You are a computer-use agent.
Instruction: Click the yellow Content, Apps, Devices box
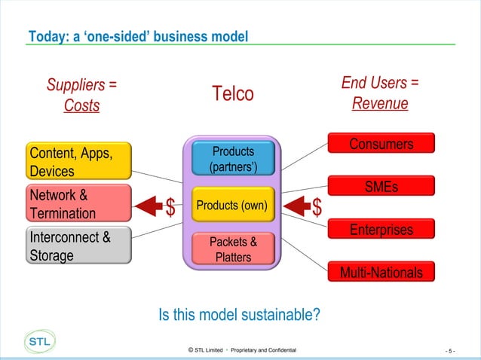pos(78,162)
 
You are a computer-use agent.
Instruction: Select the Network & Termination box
pos(78,204)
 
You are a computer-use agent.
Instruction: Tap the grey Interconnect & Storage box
pos(78,246)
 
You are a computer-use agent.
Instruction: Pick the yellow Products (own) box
pos(232,204)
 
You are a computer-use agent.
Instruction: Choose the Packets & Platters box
pos(232,249)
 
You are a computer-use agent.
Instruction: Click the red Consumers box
pos(381,144)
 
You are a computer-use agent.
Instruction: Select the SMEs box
pos(381,186)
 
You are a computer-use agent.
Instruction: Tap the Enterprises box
pos(381,229)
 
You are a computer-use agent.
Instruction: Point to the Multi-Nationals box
pos(381,271)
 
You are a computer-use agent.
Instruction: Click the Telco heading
pos(232,94)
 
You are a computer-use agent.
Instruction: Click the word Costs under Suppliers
pos(81,106)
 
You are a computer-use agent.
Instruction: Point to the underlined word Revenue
pos(380,103)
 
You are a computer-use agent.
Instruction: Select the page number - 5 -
pos(450,351)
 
